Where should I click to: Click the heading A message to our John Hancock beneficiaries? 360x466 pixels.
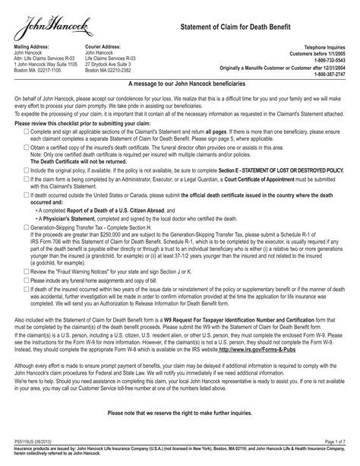[180, 86]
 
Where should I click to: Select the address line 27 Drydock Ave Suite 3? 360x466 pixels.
[112, 64]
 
